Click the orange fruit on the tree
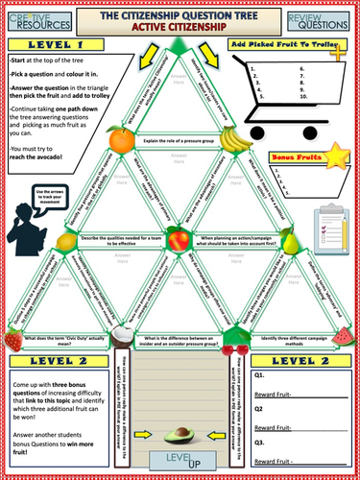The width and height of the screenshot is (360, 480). [x=124, y=139]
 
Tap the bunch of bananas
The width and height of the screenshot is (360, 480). [x=233, y=139]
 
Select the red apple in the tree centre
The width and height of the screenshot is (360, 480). [x=179, y=236]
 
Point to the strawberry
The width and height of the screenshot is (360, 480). [x=13, y=338]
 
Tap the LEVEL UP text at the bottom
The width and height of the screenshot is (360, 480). [x=180, y=464]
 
